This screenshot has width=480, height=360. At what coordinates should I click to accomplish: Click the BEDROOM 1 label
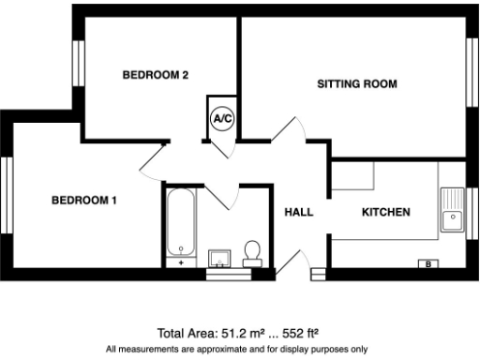(x=84, y=200)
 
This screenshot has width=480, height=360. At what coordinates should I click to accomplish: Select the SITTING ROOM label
(x=357, y=84)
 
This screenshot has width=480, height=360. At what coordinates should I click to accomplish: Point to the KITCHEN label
(x=385, y=213)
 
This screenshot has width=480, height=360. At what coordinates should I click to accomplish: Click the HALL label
(x=298, y=213)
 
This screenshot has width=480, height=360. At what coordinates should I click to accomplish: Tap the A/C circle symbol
(x=223, y=119)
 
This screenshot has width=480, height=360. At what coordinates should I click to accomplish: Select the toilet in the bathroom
(x=251, y=252)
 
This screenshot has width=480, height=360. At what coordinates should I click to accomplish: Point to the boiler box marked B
(x=428, y=264)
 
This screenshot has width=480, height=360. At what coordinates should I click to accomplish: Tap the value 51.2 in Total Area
(x=232, y=333)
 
